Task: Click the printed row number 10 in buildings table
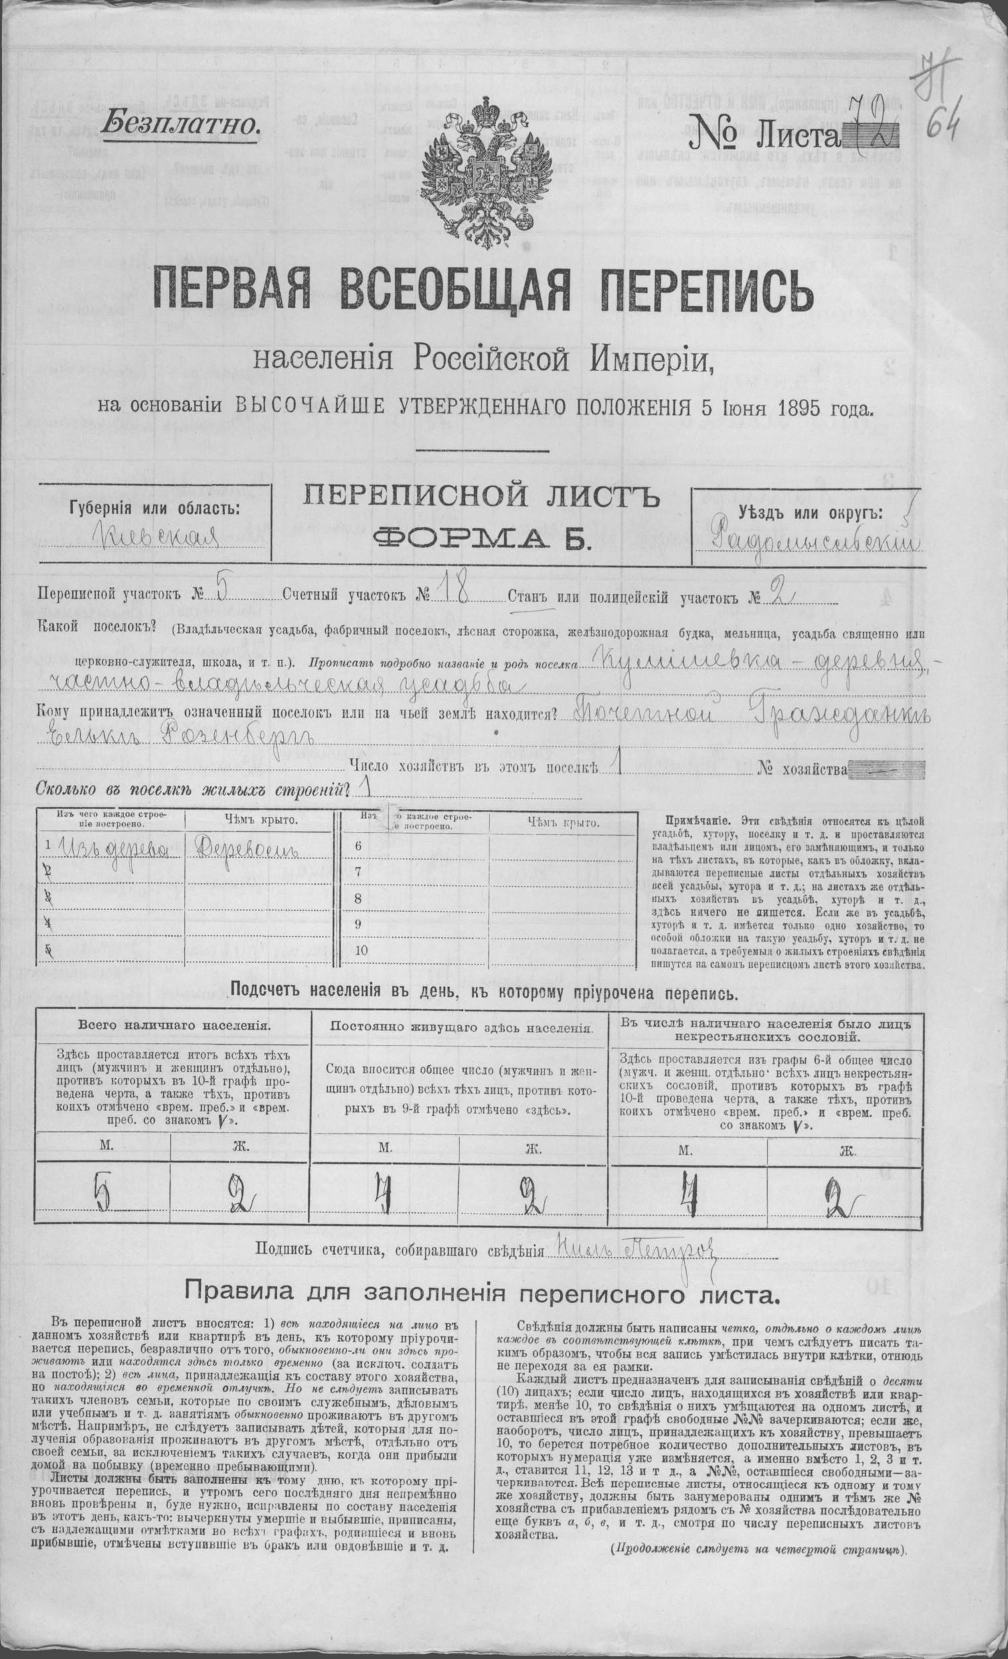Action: click(x=362, y=951)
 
